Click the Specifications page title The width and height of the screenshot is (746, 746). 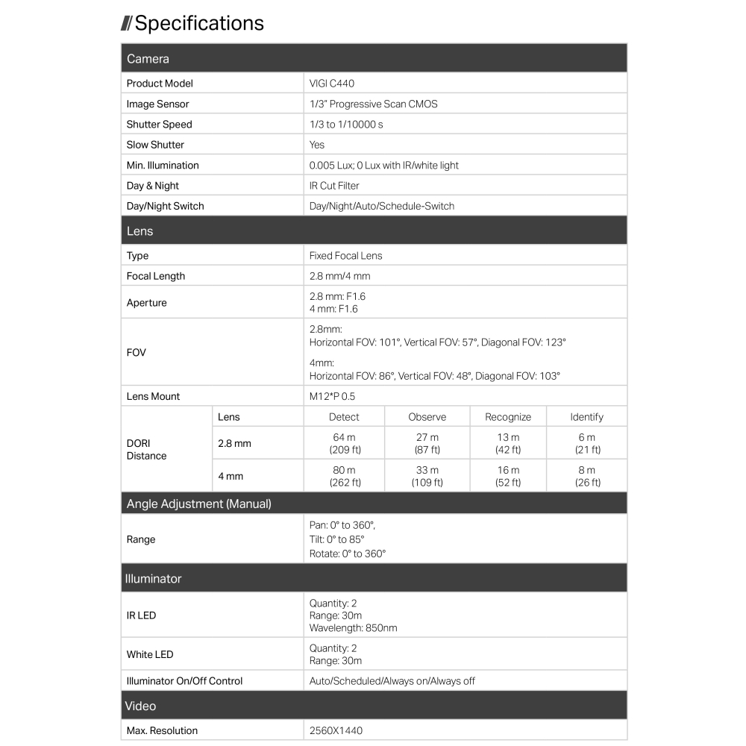(198, 23)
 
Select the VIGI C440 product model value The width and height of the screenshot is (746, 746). (332, 84)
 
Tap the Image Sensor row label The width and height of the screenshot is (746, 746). (157, 104)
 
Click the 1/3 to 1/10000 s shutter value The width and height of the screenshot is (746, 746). (346, 125)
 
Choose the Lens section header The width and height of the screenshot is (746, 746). (140, 231)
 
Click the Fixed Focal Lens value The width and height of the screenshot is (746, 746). (345, 256)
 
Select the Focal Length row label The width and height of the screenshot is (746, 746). (156, 276)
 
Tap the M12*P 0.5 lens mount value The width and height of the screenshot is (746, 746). (332, 396)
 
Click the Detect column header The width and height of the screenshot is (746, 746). (344, 417)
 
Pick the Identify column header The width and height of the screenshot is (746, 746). (586, 417)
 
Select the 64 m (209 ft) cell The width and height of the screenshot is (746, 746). (344, 443)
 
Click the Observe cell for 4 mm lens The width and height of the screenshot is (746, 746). (427, 476)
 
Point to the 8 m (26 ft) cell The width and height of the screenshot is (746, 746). (586, 476)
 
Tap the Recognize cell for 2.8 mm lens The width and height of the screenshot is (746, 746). (508, 443)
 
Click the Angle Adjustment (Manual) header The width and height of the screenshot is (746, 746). (199, 504)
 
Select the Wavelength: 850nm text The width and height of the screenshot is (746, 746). (353, 628)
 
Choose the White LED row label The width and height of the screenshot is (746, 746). (150, 654)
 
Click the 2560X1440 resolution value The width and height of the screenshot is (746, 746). (336, 731)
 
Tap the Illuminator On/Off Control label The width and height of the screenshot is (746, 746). (184, 681)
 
